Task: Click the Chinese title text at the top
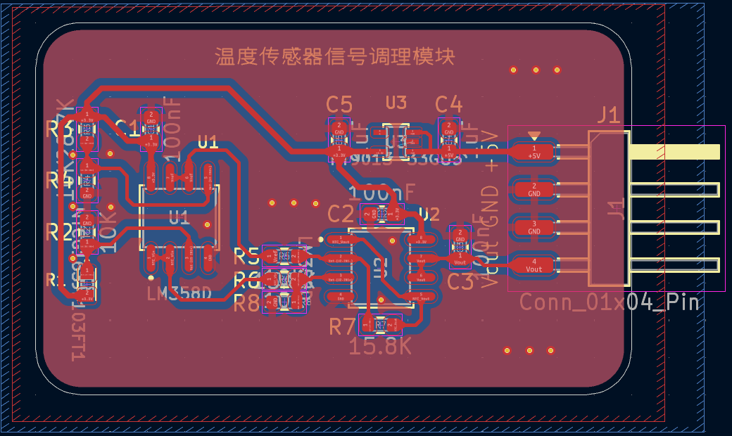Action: point(334,56)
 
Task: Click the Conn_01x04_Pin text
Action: point(610,302)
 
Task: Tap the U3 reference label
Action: point(396,103)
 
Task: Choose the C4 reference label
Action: point(448,105)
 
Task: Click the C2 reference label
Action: point(341,214)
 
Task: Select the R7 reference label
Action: point(343,326)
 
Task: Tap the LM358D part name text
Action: point(179,293)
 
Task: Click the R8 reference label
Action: point(246,303)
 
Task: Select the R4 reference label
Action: point(59,180)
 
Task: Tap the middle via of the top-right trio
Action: point(535,70)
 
